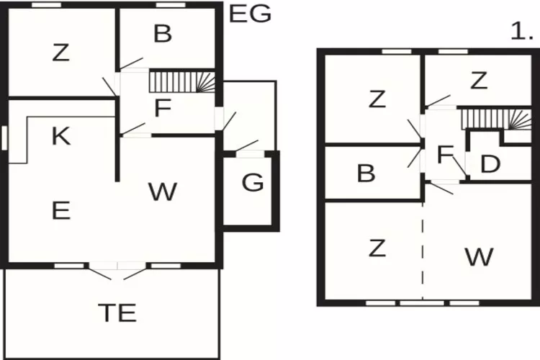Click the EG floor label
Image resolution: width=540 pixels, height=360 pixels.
pyautogui.click(x=250, y=14)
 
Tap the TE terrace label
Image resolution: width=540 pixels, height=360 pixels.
pyautogui.click(x=117, y=312)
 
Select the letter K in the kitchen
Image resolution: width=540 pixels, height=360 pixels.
pyautogui.click(x=61, y=136)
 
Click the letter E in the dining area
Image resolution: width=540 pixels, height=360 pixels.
pyautogui.click(x=61, y=210)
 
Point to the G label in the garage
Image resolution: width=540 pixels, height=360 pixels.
pyautogui.click(x=253, y=182)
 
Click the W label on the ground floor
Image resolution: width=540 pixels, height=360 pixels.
pyautogui.click(x=163, y=192)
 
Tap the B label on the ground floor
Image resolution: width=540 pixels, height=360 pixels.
pyautogui.click(x=163, y=34)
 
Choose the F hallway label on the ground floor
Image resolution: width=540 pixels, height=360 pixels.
pyautogui.click(x=163, y=107)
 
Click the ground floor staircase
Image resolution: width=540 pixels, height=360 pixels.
pyautogui.click(x=182, y=82)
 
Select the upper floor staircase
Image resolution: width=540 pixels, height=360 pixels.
pyautogui.click(x=496, y=120)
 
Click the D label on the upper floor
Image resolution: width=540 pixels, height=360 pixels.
pyautogui.click(x=490, y=164)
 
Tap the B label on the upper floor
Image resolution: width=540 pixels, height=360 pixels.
pyautogui.click(x=366, y=173)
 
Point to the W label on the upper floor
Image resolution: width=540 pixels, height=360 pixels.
pyautogui.click(x=479, y=256)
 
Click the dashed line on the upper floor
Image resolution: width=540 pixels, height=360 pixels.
pyautogui.click(x=423, y=251)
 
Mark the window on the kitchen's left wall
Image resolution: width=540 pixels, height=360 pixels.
pyautogui.click(x=4, y=138)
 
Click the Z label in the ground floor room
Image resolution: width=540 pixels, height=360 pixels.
pyautogui.click(x=60, y=53)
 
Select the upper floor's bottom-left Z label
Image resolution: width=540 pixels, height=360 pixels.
pyautogui.click(x=377, y=248)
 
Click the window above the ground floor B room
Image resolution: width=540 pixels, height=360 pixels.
pyautogui.click(x=171, y=5)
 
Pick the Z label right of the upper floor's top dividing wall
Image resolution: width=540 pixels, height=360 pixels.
pyautogui.click(x=479, y=81)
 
